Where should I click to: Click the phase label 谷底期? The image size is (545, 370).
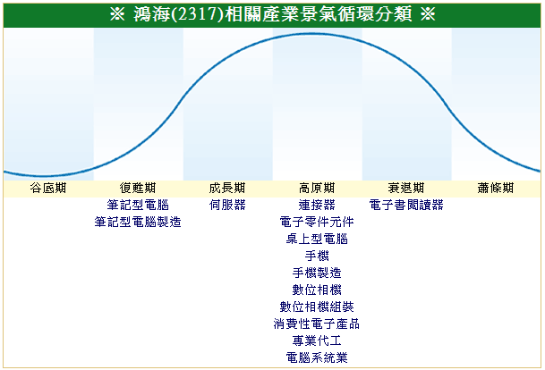point(48,188)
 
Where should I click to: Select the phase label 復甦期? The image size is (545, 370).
point(138,188)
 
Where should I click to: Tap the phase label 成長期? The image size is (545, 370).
point(227,188)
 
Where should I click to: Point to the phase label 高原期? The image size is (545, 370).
point(317,188)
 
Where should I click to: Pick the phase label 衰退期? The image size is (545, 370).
point(406,188)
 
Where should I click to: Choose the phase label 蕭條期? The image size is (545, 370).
point(496,188)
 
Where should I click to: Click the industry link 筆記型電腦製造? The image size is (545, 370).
point(138,222)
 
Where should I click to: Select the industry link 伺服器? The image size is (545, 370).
point(227,205)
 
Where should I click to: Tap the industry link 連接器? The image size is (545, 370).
point(317,205)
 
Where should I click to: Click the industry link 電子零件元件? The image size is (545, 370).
point(317,222)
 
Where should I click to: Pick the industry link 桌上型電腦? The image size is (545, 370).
point(317,239)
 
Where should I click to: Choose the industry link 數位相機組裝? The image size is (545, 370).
point(317,307)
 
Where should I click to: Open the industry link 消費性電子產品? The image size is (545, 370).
point(317,324)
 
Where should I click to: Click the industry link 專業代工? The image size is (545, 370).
point(317,341)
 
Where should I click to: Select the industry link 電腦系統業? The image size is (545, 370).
point(317,357)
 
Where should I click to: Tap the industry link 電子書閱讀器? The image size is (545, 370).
point(406,205)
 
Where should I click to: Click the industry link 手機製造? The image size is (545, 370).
point(317,273)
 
